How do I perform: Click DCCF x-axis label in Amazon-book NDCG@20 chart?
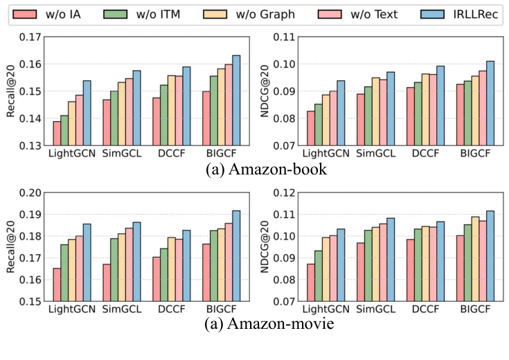point(425,154)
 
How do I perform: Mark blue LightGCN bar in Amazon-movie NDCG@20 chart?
point(341,265)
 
